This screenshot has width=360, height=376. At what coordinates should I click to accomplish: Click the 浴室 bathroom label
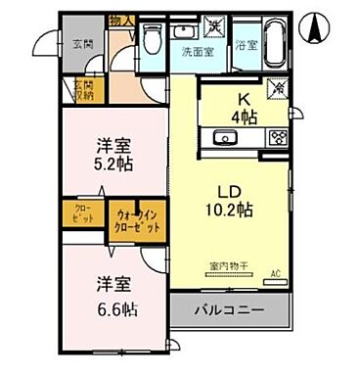point(246,45)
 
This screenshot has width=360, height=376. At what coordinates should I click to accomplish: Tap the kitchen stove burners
point(277,137)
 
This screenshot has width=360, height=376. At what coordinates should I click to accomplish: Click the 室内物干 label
point(226,265)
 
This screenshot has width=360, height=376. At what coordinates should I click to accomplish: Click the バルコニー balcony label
point(227,310)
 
